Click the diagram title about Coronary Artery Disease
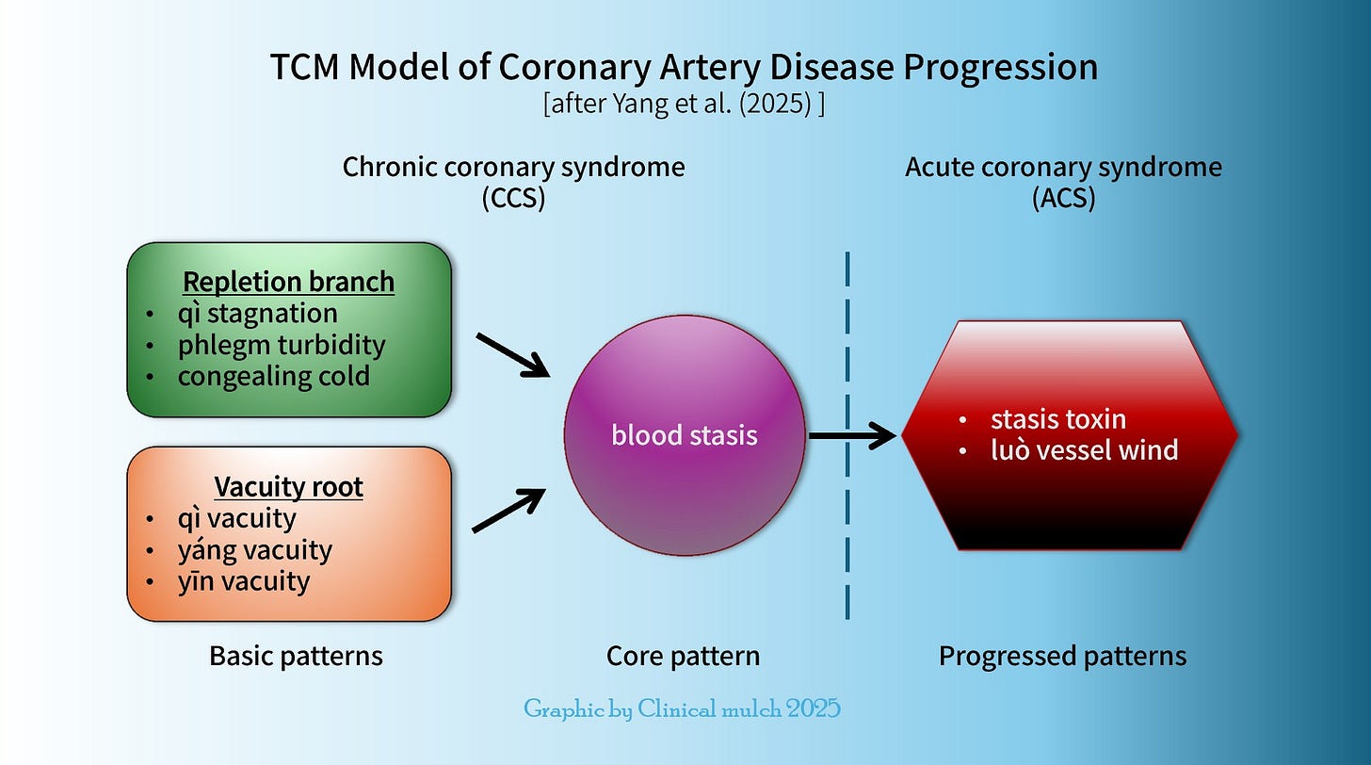pyautogui.click(x=684, y=68)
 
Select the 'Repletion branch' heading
pyautogui.click(x=288, y=281)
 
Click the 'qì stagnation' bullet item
pyautogui.click(x=257, y=313)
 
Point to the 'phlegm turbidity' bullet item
pyautogui.click(x=282, y=345)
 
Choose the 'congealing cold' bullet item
pyautogui.click(x=273, y=377)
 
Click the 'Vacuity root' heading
pyautogui.click(x=288, y=486)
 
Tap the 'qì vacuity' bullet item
pyautogui.click(x=236, y=518)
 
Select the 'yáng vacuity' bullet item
pyautogui.click(x=254, y=549)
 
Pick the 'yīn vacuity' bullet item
pyautogui.click(x=243, y=581)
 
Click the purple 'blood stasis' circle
pyautogui.click(x=685, y=435)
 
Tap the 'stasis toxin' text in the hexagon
pyautogui.click(x=1057, y=418)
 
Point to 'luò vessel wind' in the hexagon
pyautogui.click(x=1083, y=449)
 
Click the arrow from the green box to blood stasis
pyautogui.click(x=513, y=355)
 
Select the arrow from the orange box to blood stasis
pyautogui.click(x=508, y=511)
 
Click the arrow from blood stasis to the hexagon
pyautogui.click(x=852, y=435)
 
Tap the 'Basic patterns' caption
pyautogui.click(x=296, y=656)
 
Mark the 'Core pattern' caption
pyautogui.click(x=683, y=656)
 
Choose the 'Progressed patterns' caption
pyautogui.click(x=1062, y=656)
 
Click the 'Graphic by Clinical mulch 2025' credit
pyautogui.click(x=682, y=708)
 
